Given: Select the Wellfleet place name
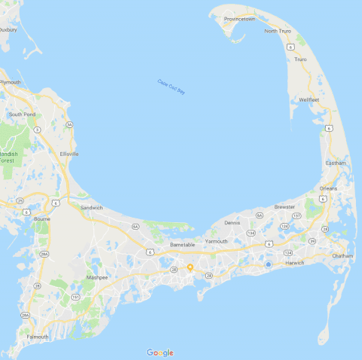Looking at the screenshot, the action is click(x=310, y=99).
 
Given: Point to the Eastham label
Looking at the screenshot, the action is click(x=335, y=163).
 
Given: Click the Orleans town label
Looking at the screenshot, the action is click(x=328, y=188).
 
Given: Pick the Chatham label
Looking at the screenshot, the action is click(x=342, y=255).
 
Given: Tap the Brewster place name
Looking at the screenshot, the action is click(x=284, y=206).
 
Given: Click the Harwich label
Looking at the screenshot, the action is click(x=294, y=263).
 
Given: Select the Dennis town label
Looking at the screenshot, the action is click(x=232, y=222).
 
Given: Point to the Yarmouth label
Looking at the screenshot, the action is click(x=216, y=241).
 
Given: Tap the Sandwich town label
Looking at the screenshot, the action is click(x=91, y=207).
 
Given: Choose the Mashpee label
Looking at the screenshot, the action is click(x=97, y=277).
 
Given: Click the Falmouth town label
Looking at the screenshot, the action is click(x=36, y=336).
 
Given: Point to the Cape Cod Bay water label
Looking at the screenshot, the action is click(x=170, y=87).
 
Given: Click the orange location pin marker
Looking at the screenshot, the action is click(x=190, y=267).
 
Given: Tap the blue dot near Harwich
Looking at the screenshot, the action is click(x=268, y=264).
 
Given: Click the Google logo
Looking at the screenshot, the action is click(x=160, y=352).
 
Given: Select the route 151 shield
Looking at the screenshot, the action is click(x=75, y=297).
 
